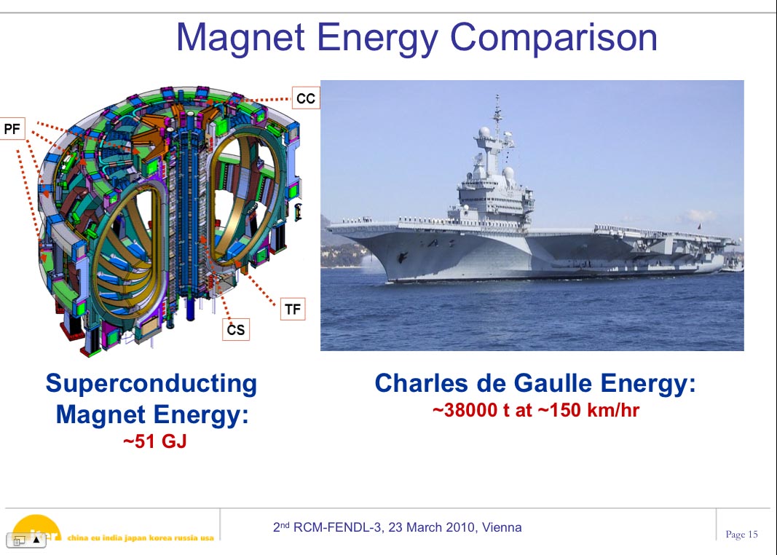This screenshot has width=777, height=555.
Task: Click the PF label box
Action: [12, 129]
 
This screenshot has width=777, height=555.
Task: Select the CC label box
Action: [306, 98]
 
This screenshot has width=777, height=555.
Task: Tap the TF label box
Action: [292, 310]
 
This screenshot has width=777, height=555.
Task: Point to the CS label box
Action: [235, 329]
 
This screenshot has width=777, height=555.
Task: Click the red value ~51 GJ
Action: [155, 441]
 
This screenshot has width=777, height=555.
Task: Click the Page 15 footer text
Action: [742, 534]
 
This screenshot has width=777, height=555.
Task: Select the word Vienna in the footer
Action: [502, 527]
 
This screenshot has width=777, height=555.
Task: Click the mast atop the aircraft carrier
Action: [497, 114]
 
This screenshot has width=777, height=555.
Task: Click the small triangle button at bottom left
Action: [36, 540]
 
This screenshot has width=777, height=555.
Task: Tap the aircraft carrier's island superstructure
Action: [493, 189]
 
